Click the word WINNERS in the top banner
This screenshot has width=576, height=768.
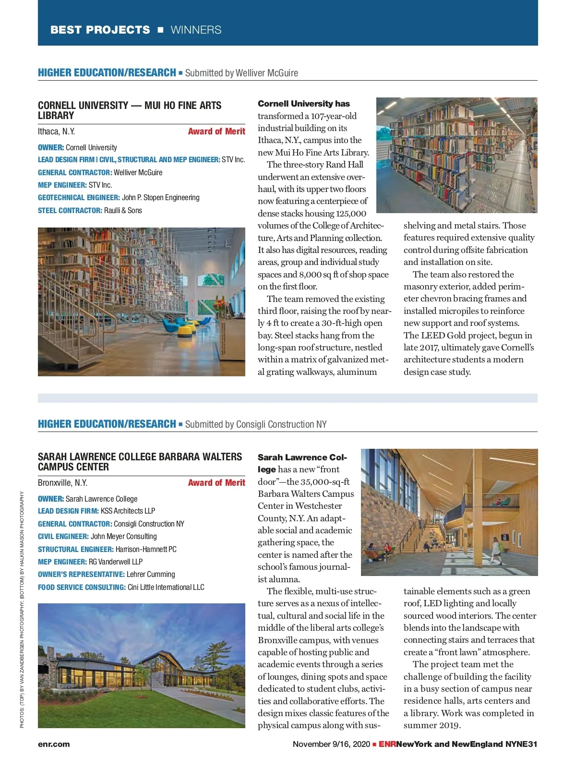point(196,30)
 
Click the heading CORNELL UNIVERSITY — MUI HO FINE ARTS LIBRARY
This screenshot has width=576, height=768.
point(130,110)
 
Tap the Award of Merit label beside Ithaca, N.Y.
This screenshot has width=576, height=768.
point(216,132)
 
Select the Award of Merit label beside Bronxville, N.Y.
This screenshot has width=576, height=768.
point(216,483)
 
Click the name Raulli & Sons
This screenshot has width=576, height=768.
point(123,210)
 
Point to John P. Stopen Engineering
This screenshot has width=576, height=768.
point(161,197)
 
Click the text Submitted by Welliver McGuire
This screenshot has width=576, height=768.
point(241,73)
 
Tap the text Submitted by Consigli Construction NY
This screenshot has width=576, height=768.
point(256,424)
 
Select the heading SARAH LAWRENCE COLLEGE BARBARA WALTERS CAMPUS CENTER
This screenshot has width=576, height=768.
point(140,462)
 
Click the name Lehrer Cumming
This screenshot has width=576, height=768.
point(151,575)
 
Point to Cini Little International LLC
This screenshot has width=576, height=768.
point(166,587)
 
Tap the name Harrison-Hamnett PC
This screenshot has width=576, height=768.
point(146,549)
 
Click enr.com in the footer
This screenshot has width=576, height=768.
point(54,744)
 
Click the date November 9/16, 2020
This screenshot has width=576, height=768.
point(331,744)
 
